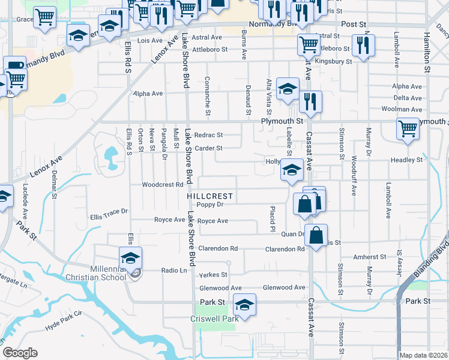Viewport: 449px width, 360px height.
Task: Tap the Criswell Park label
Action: point(215,319)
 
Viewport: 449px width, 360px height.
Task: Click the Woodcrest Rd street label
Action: point(162,185)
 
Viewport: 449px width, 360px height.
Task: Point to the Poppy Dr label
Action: point(218,204)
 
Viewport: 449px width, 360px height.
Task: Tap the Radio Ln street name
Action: point(175,271)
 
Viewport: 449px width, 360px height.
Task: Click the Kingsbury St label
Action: point(334,61)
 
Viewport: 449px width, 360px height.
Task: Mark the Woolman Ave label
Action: point(407,109)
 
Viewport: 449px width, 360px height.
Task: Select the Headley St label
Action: point(407,160)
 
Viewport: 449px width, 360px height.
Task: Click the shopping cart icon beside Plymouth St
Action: point(408,128)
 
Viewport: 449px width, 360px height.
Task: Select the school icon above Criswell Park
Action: point(244,305)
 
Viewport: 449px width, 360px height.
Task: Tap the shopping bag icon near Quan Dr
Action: point(316,235)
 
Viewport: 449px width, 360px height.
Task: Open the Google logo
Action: point(20,353)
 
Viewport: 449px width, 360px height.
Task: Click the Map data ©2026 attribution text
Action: point(423,355)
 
